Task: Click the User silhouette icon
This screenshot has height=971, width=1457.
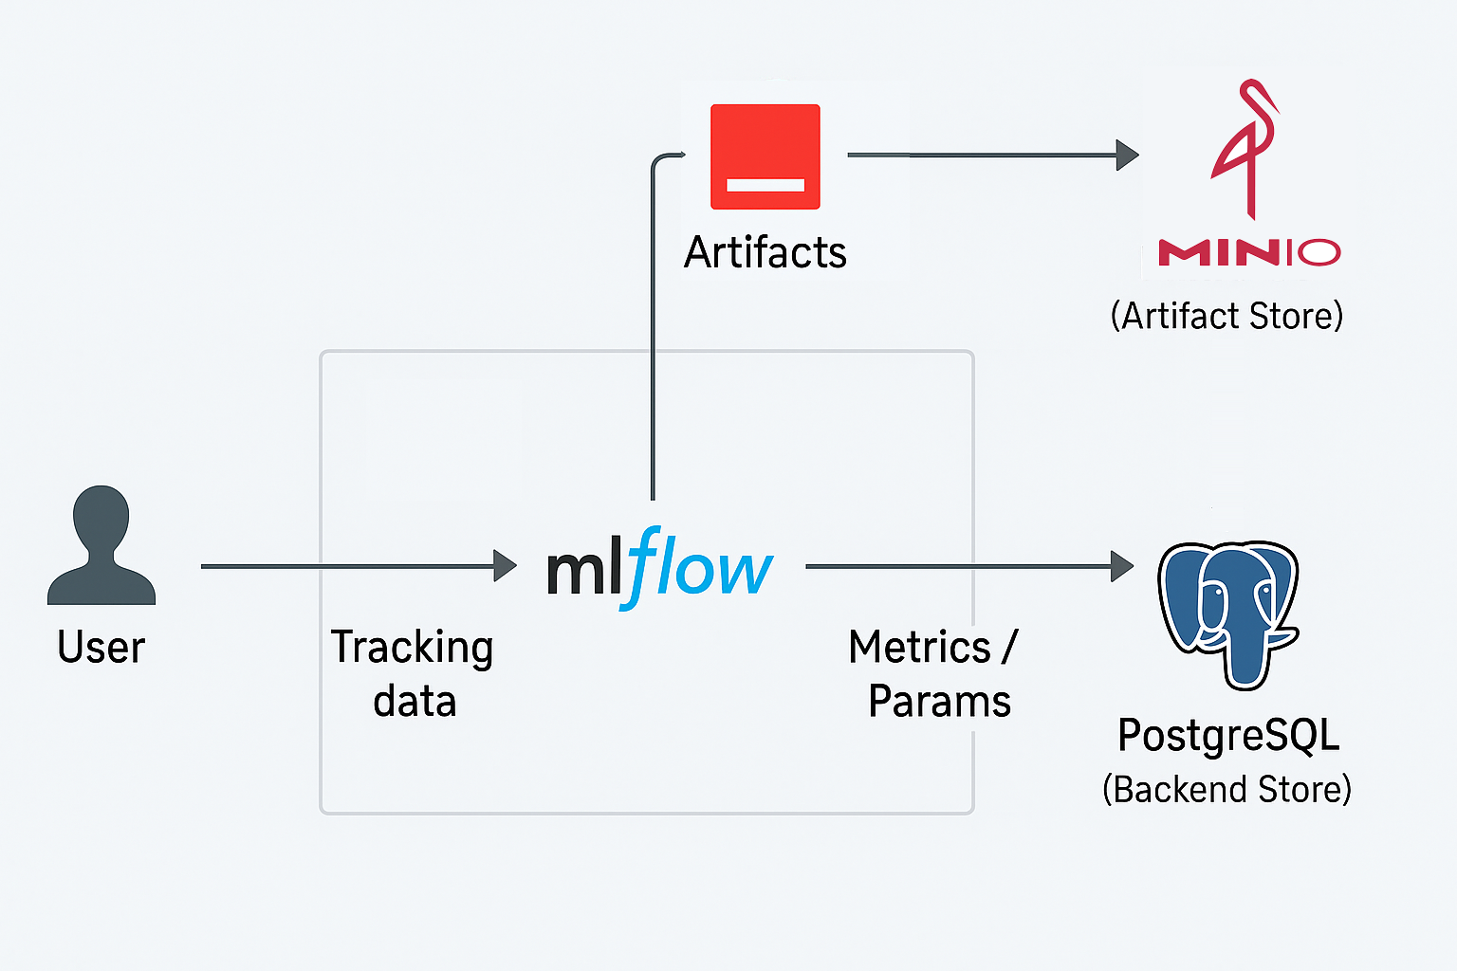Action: tap(101, 545)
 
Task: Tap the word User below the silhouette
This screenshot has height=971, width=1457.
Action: tap(101, 647)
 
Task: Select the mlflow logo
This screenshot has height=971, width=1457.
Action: tap(659, 568)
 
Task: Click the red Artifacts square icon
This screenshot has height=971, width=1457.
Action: tap(765, 156)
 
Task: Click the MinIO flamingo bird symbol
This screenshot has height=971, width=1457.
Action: tap(1245, 149)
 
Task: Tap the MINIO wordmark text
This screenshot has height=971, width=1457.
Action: tap(1249, 252)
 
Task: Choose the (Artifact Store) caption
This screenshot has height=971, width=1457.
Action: tap(1226, 316)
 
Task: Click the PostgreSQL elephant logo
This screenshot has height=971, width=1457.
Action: tap(1228, 614)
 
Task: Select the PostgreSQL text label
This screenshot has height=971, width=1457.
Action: tap(1228, 736)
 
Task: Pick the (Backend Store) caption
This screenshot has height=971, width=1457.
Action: tap(1226, 789)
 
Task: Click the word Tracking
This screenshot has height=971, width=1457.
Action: tap(412, 649)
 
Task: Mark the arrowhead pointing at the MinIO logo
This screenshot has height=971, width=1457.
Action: tap(1127, 155)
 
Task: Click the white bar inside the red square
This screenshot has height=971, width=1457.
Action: tap(765, 185)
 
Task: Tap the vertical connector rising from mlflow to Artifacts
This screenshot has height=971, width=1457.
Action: tap(653, 325)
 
